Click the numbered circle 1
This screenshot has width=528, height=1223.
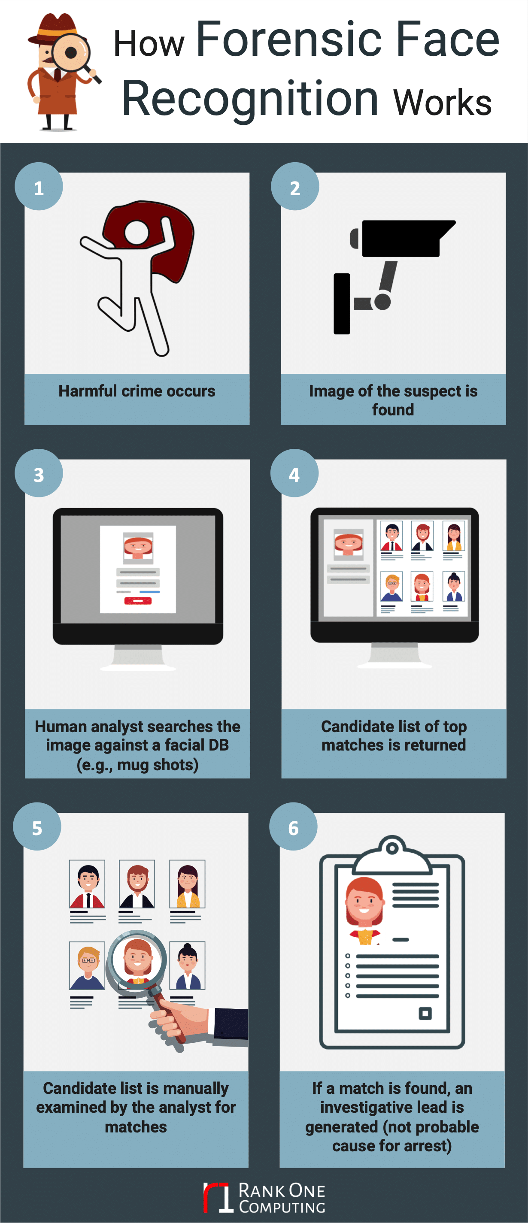[39, 187]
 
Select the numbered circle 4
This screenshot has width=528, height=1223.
[294, 473]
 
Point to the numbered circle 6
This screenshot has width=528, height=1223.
[294, 826]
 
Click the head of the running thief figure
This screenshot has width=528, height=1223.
[137, 232]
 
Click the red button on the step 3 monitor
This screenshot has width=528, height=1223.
[138, 601]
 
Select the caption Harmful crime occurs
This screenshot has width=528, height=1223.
[137, 391]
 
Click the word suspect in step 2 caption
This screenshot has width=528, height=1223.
[419, 391]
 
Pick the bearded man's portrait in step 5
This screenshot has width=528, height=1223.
[137, 884]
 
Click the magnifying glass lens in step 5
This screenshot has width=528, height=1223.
[137, 960]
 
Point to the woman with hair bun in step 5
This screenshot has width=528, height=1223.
[188, 965]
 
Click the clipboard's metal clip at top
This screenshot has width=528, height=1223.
[392, 850]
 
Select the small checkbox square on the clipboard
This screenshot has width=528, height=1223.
[425, 1014]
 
